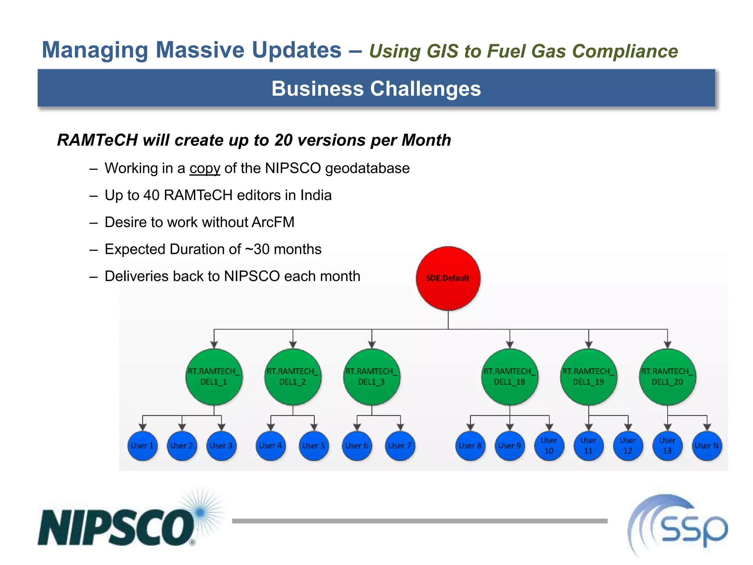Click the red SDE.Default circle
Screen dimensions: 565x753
[x=448, y=278]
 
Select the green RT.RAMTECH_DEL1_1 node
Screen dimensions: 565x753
[x=214, y=377]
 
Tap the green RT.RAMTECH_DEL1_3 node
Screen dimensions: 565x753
[x=371, y=377]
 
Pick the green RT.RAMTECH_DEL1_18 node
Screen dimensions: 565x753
[x=510, y=377]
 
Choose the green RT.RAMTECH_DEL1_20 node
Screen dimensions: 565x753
[x=667, y=377]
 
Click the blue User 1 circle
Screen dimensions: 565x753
[x=142, y=446]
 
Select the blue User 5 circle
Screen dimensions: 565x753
[x=314, y=446]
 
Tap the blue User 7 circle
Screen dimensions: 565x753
[x=400, y=446]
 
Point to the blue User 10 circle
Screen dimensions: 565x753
[x=549, y=446]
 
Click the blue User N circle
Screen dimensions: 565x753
[x=707, y=446]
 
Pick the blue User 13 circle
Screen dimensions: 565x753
[x=667, y=446]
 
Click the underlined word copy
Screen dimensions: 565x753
[x=205, y=168]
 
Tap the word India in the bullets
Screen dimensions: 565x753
[x=316, y=195]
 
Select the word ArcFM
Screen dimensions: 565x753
[x=273, y=222]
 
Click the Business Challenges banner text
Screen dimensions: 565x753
[x=376, y=89]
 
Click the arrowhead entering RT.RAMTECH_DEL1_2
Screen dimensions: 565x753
[x=293, y=345]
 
